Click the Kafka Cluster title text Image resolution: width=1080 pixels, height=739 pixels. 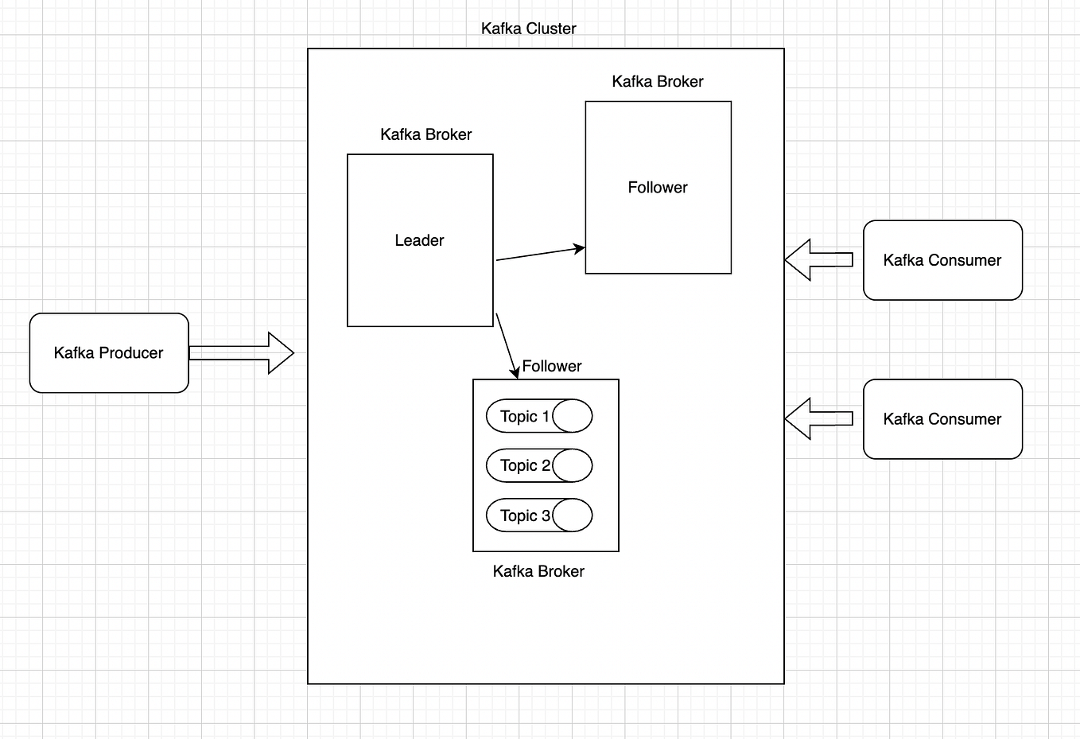click(528, 29)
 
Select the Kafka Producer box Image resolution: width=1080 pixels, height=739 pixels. click(109, 352)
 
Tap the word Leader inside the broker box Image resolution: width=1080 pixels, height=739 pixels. click(419, 240)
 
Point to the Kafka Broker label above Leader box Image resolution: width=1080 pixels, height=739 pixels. click(425, 134)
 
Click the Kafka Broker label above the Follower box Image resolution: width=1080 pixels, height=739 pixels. click(657, 81)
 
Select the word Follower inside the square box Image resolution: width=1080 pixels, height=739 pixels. click(657, 188)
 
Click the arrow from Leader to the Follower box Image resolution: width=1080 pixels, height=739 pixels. click(540, 254)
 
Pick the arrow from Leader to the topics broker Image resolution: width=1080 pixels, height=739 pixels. click(507, 344)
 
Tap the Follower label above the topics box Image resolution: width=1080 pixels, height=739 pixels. click(551, 366)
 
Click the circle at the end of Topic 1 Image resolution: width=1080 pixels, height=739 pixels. click(573, 416)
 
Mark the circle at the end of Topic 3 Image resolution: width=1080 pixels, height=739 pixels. click(573, 515)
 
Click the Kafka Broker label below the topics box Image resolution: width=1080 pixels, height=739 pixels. click(538, 571)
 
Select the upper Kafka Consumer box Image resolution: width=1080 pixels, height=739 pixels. click(942, 260)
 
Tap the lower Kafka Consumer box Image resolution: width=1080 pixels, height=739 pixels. click(942, 419)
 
